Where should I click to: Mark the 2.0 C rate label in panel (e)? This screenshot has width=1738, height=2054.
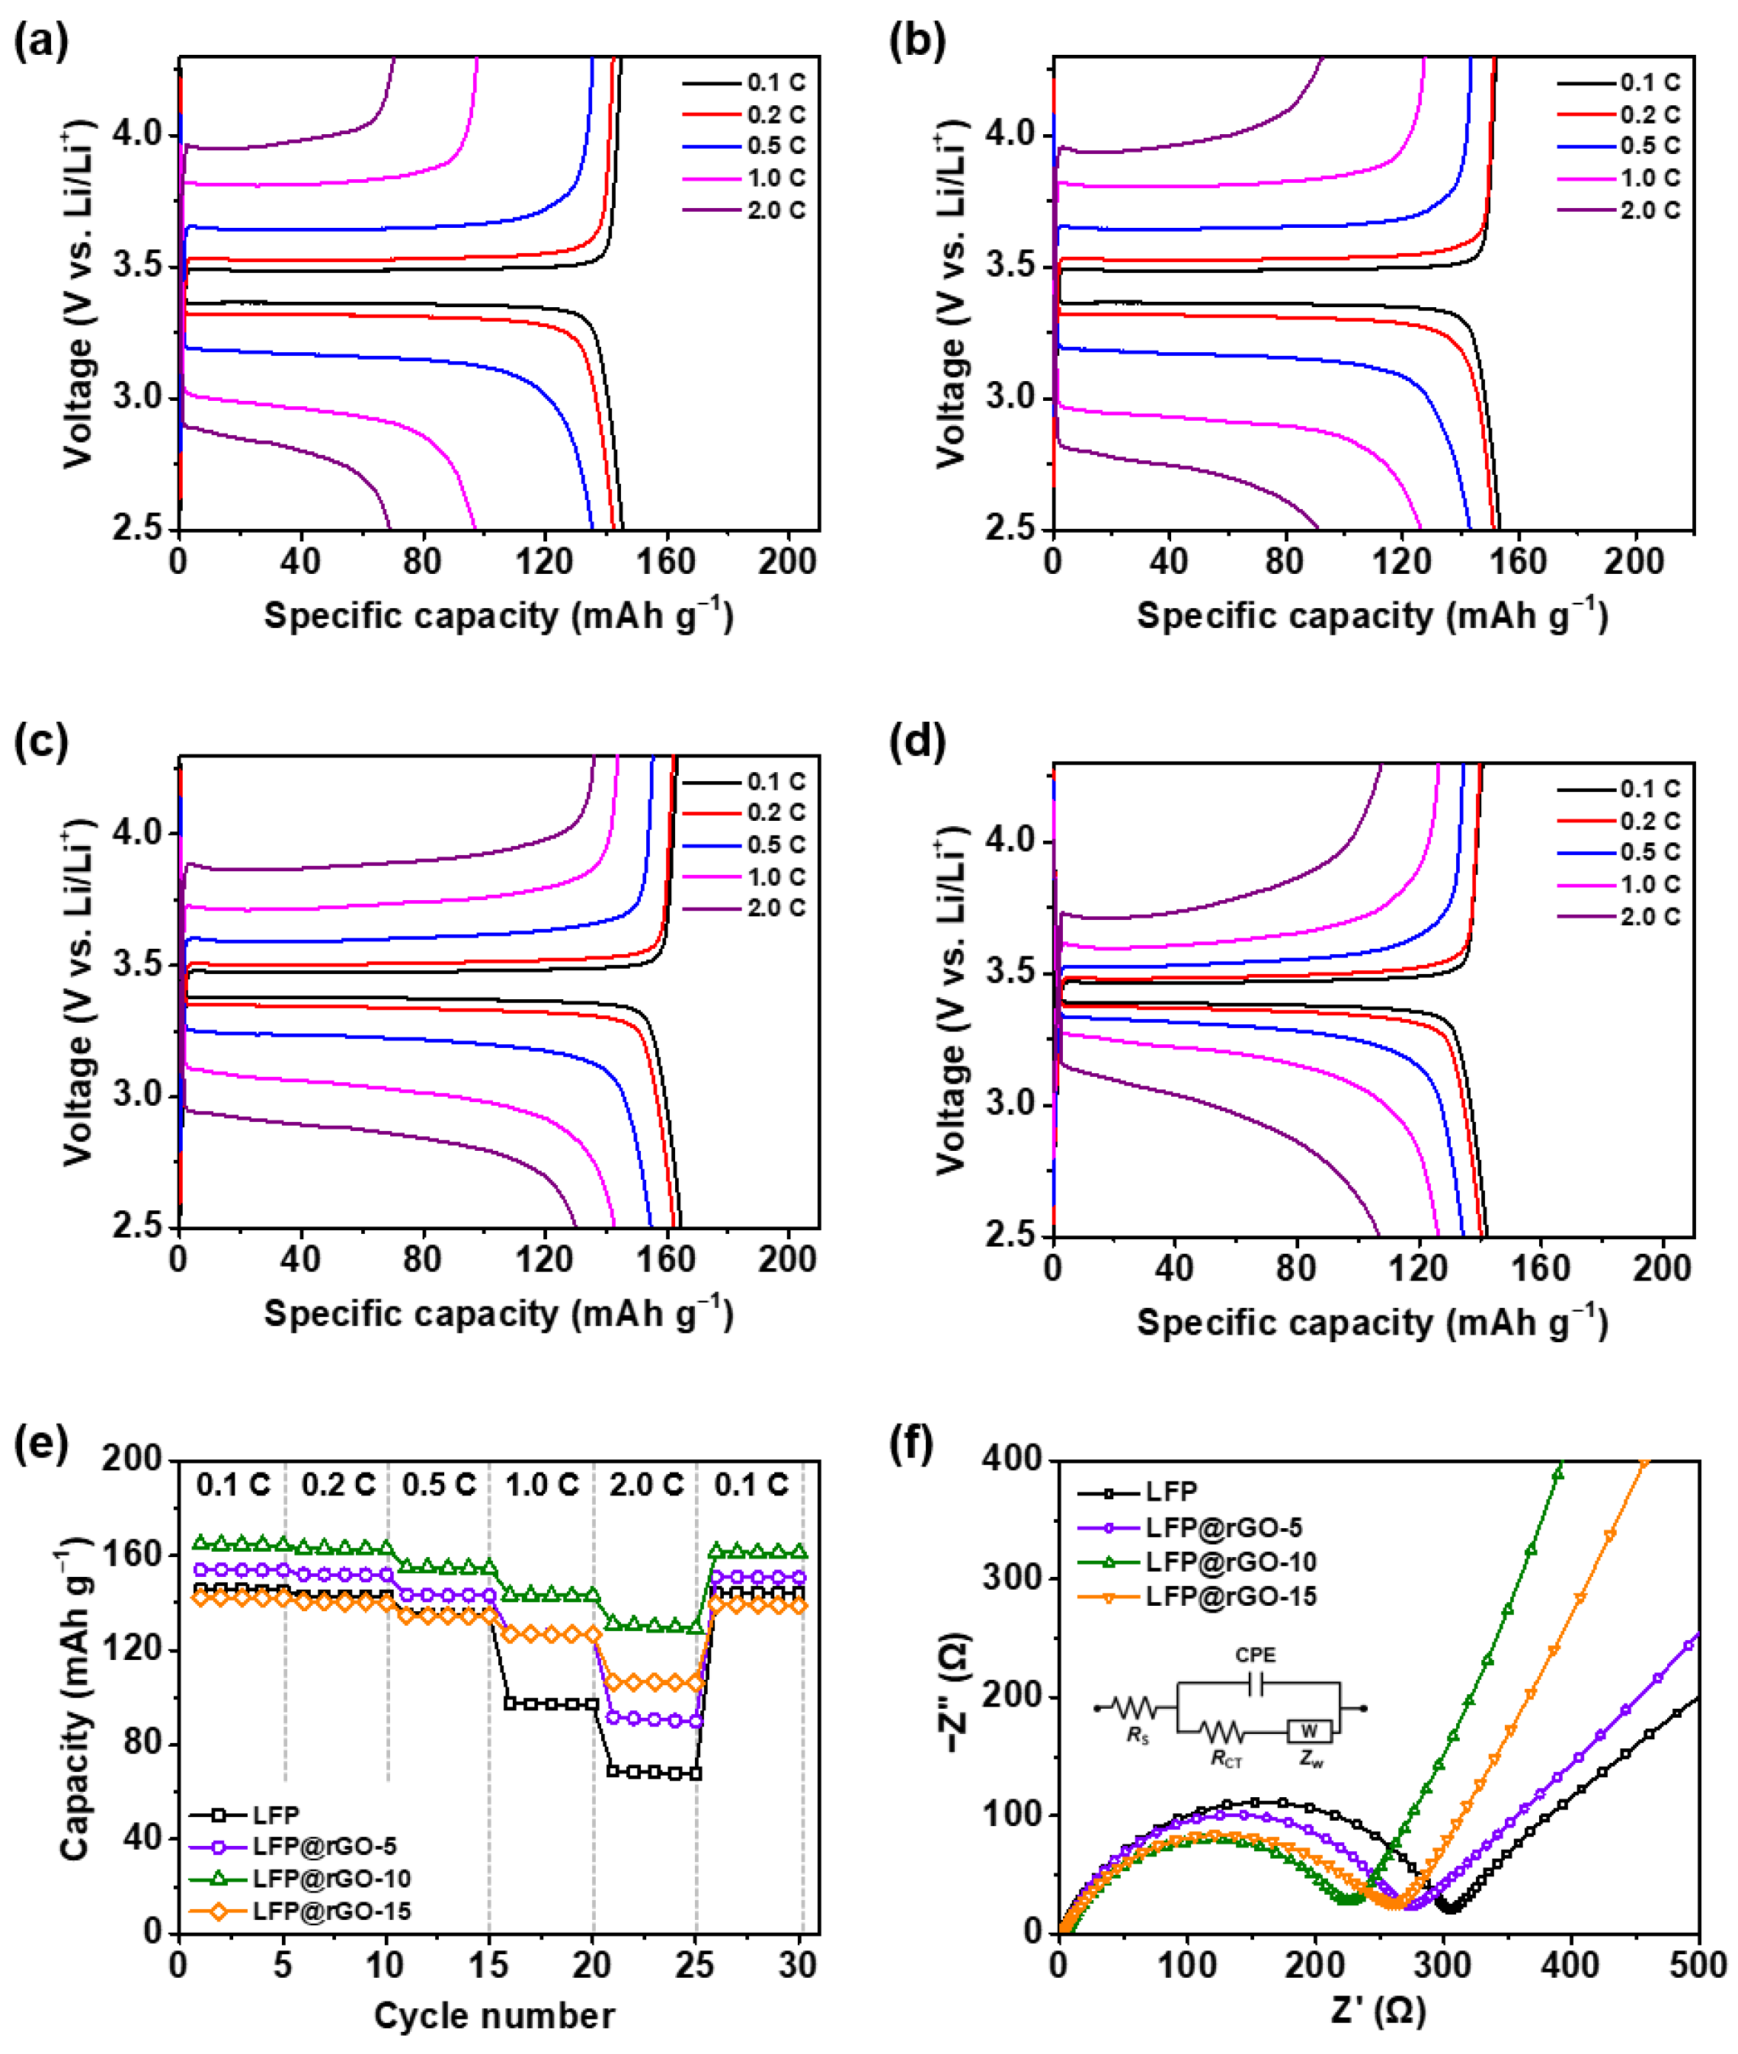[646, 1485]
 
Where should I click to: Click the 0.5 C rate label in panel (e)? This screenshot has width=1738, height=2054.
[440, 1485]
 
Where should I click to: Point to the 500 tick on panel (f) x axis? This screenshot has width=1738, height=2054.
[1697, 1966]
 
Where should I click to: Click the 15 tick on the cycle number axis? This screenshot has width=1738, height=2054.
[490, 1966]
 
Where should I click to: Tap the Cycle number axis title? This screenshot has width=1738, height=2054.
[495, 2017]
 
